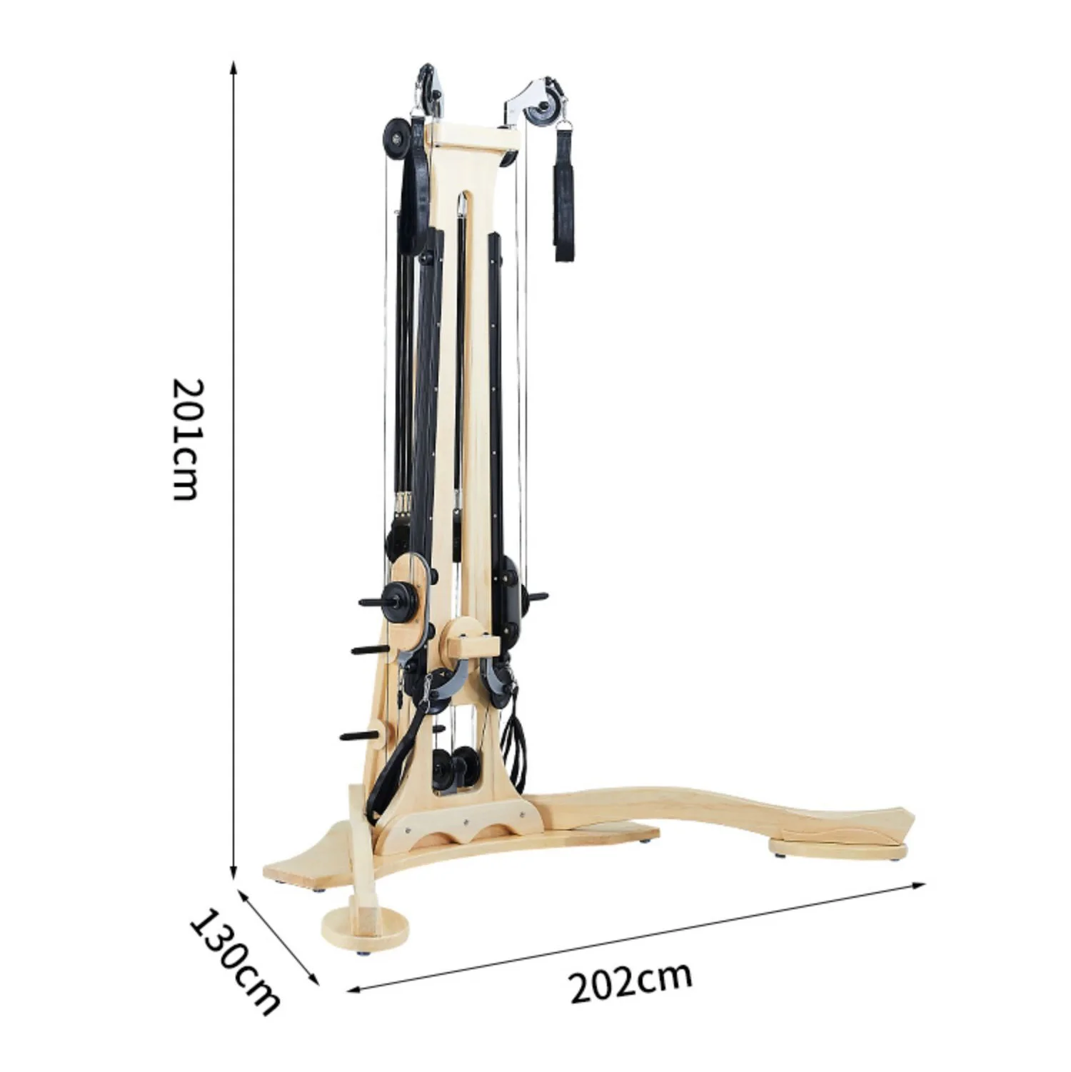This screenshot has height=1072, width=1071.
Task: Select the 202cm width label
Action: coord(630,982)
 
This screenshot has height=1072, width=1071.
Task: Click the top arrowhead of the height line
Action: coord(233,66)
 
